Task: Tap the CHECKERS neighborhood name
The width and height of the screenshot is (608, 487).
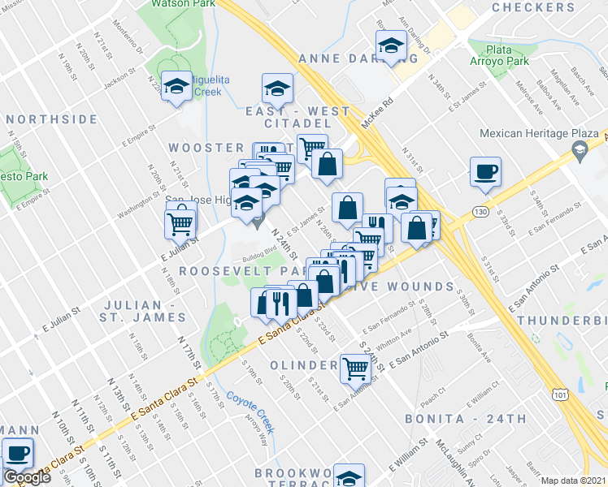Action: [x=545, y=7]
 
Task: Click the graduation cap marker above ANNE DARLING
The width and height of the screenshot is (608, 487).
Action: [x=391, y=47]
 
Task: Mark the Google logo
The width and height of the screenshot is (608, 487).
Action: [x=26, y=477]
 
